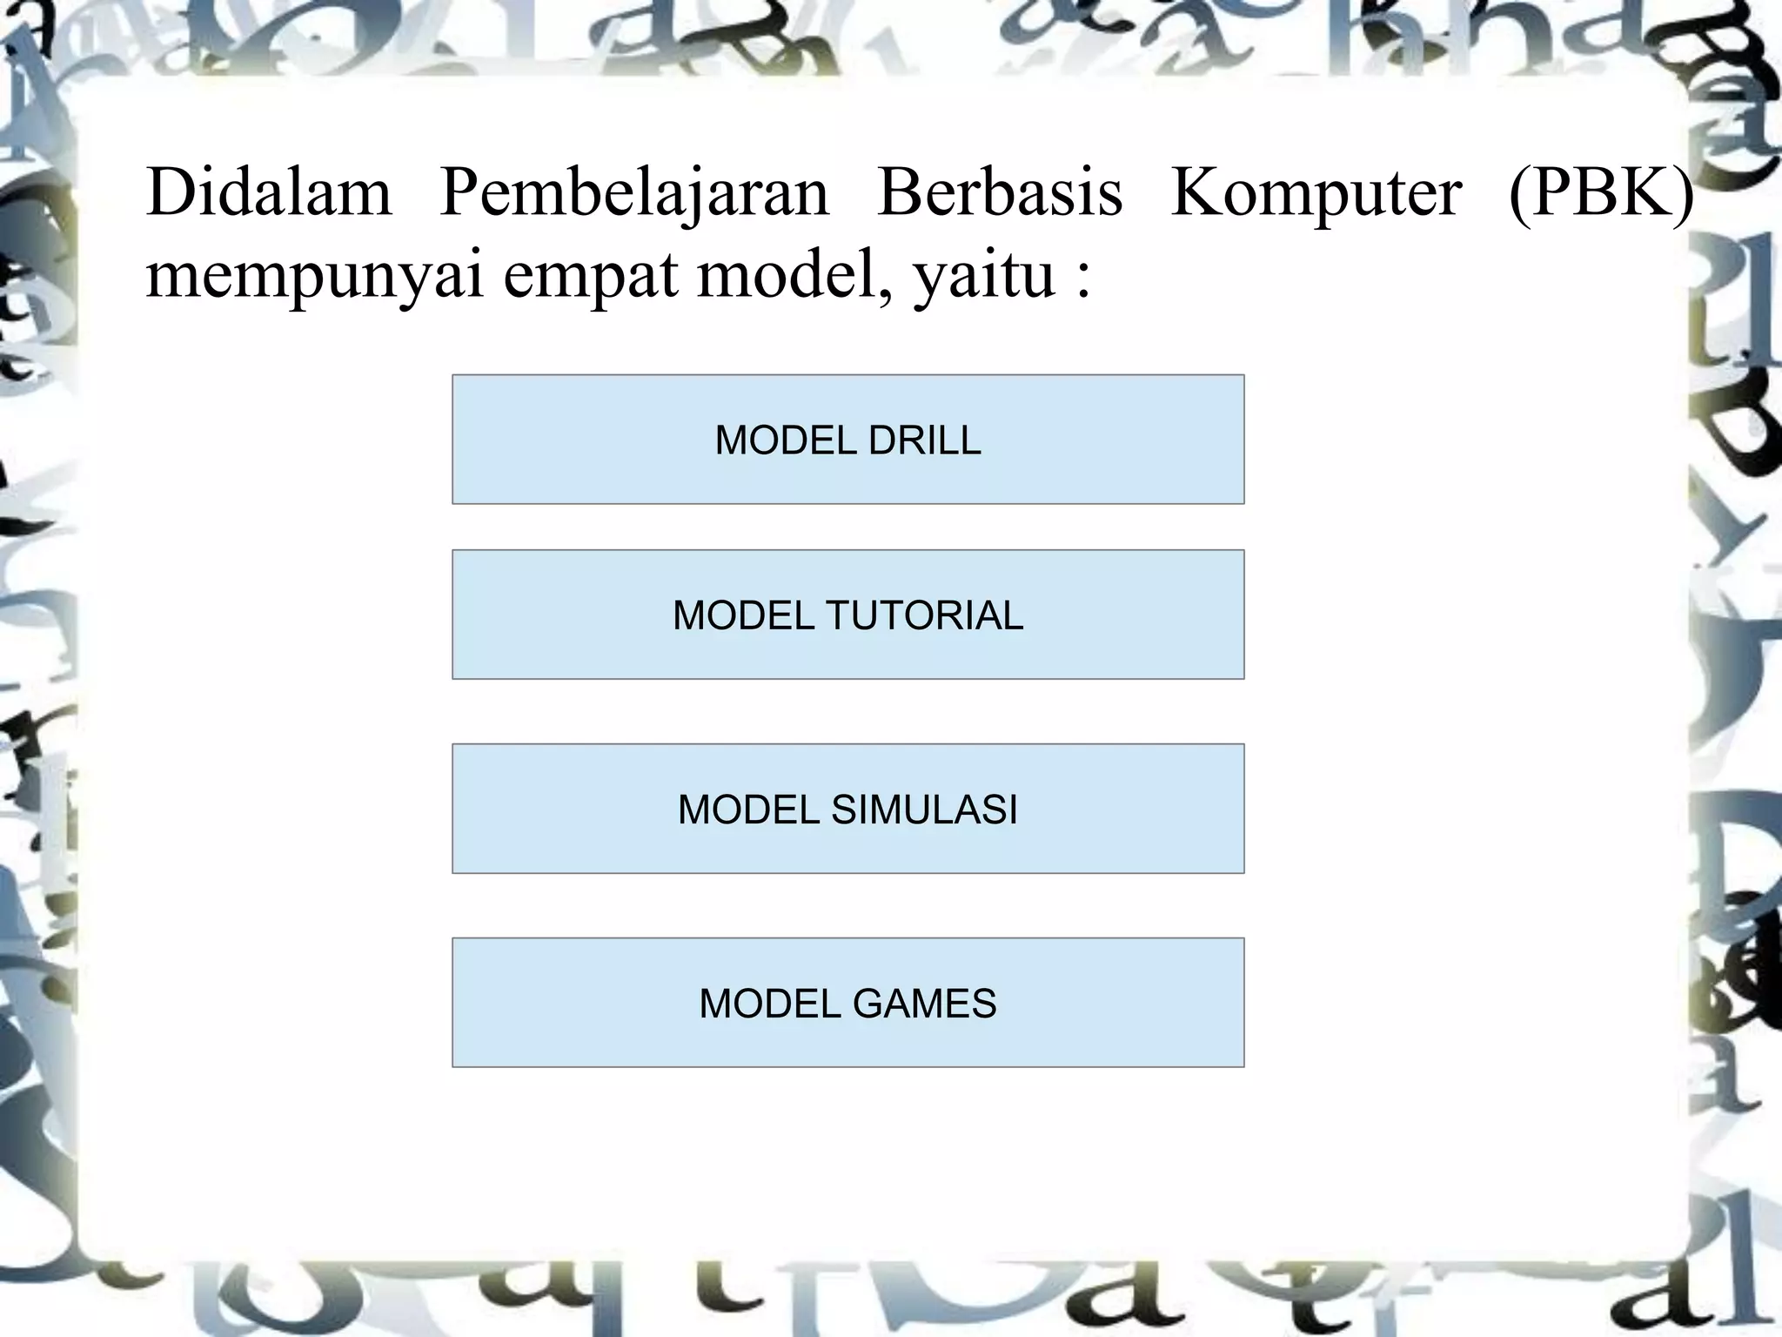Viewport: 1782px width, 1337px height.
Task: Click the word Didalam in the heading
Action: (x=269, y=192)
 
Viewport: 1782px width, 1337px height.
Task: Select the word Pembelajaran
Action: (x=634, y=192)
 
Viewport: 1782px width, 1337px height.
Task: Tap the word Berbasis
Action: (x=1000, y=192)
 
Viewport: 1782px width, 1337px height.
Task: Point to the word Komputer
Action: (x=1316, y=192)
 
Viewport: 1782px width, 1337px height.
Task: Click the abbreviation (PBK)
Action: (x=1601, y=192)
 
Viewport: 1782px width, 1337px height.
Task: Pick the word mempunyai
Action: (x=314, y=277)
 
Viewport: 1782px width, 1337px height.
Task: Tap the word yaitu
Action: (x=984, y=277)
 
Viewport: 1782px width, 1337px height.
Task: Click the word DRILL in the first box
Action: (x=924, y=440)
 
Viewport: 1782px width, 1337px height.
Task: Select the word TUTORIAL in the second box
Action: (x=924, y=615)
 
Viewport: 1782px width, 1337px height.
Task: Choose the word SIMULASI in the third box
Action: (x=924, y=810)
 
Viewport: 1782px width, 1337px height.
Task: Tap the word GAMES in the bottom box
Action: (x=924, y=1004)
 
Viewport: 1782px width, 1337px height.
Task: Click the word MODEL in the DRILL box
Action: (x=774, y=440)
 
